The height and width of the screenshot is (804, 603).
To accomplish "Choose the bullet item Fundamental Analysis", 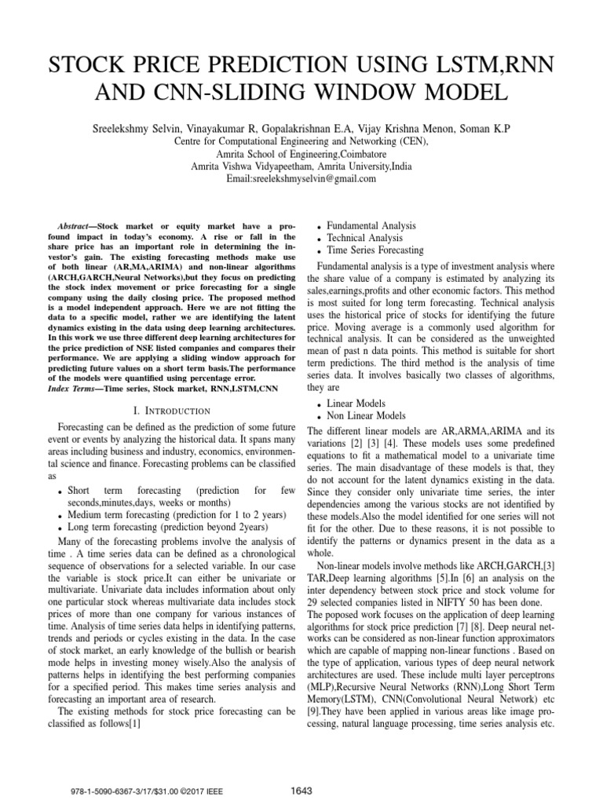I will click(x=371, y=225).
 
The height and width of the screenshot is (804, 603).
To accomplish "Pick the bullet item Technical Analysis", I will click(x=364, y=238).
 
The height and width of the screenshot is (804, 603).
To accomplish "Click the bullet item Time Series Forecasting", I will click(x=375, y=250).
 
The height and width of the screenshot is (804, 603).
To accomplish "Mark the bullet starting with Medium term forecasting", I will click(x=177, y=514).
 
